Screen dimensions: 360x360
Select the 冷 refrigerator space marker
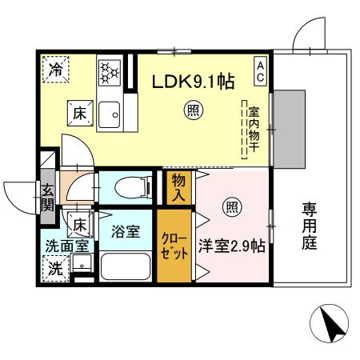click(56, 70)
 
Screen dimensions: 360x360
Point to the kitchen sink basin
click(110, 114)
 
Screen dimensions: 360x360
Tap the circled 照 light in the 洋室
click(231, 206)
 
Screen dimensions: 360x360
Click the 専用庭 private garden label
click(310, 226)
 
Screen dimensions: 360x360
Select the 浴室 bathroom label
click(126, 233)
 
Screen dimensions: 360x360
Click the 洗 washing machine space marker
click(56, 267)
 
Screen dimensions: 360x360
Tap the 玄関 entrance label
click(47, 196)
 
